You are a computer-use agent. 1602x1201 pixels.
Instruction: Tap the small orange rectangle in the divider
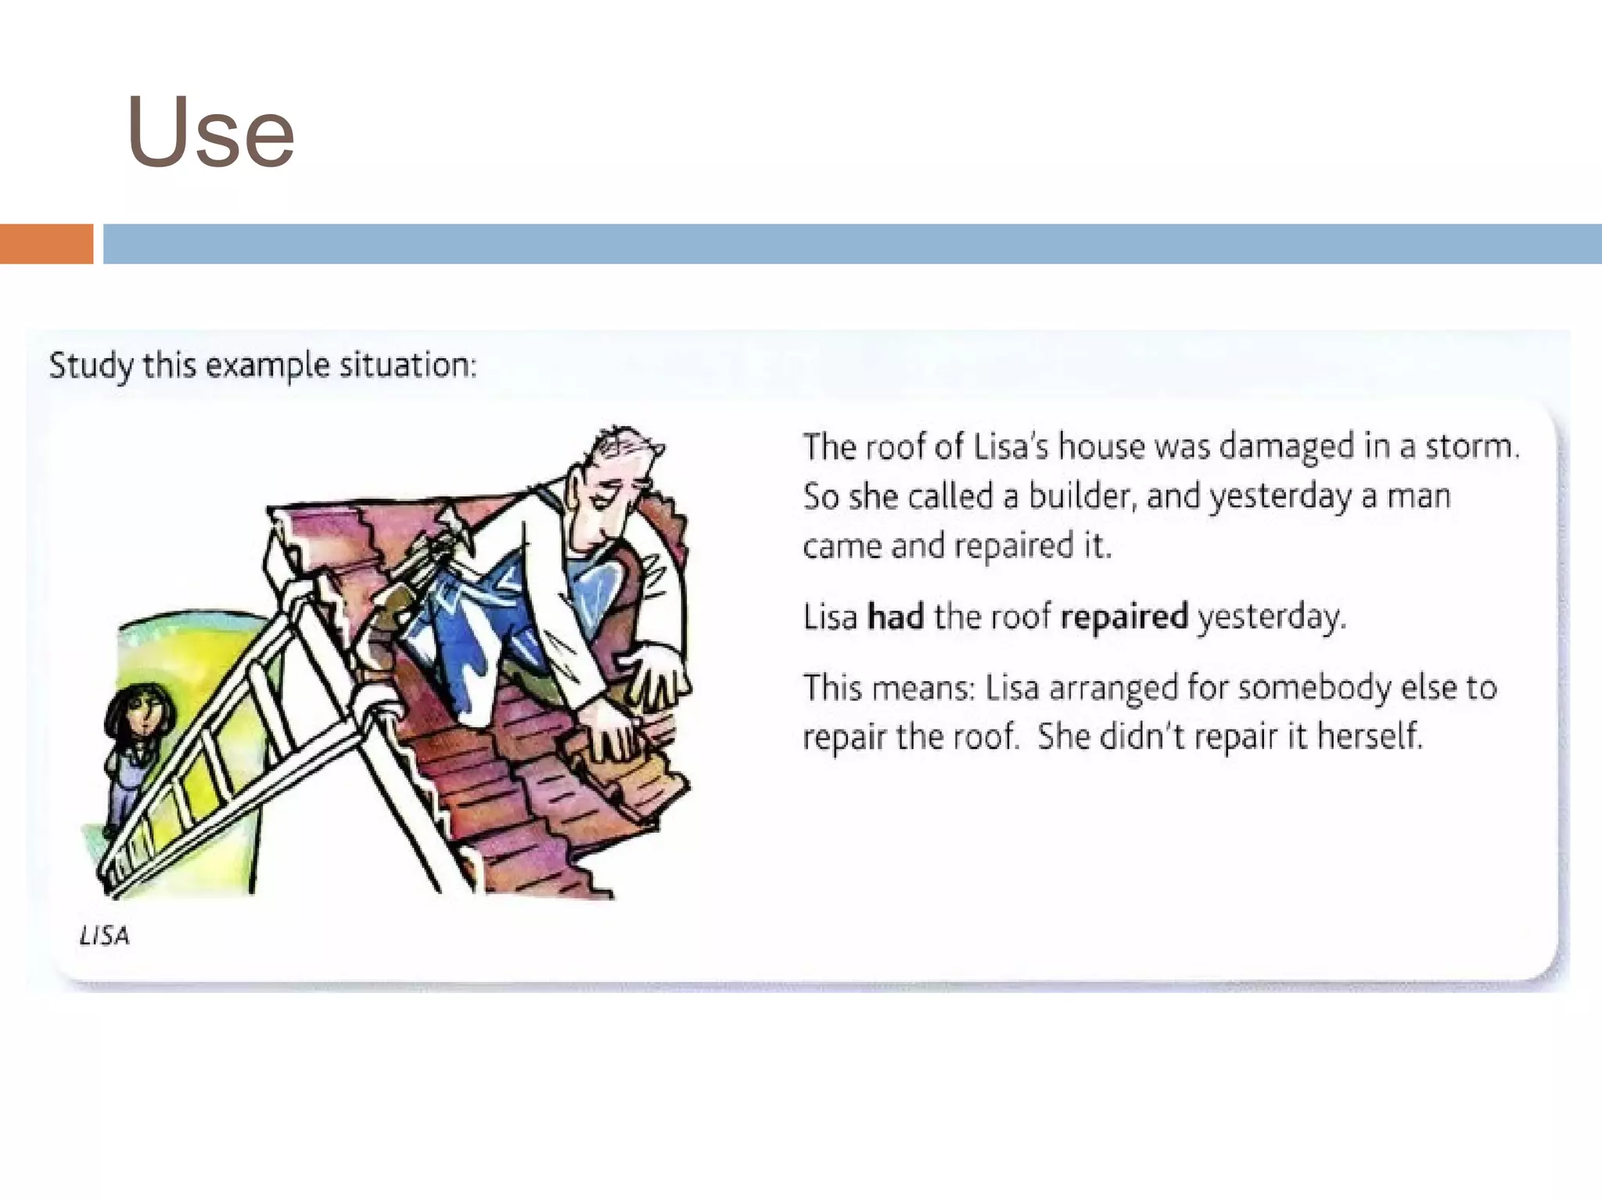(46, 244)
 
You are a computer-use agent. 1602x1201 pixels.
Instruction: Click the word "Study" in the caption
(91, 366)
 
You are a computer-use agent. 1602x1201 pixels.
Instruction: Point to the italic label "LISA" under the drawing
(104, 935)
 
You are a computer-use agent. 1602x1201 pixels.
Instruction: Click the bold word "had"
(896, 617)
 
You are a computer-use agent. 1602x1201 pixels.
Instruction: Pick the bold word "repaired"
(1124, 617)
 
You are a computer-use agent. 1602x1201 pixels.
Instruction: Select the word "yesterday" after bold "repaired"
(1272, 618)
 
